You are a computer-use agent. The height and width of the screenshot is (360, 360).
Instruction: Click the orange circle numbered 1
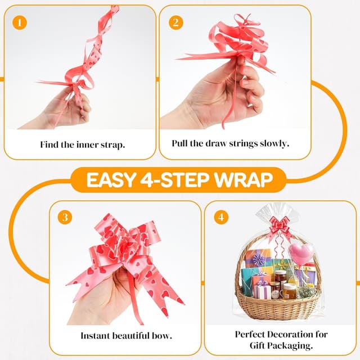pos(21,23)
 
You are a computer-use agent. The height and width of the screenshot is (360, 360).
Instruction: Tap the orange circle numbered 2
pos(175,23)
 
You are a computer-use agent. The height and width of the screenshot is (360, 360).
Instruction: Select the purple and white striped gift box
pos(262,290)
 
